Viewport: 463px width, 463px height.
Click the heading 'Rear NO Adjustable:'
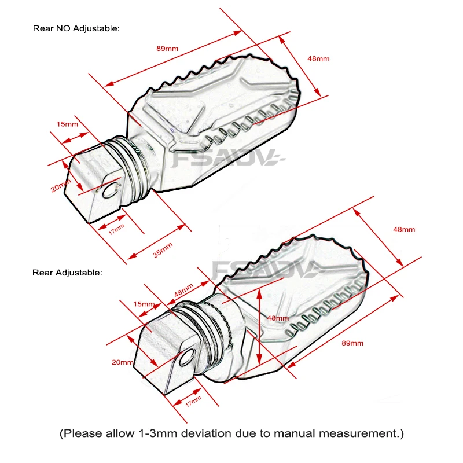tap(76, 28)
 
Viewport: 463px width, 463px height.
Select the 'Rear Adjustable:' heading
tap(67, 271)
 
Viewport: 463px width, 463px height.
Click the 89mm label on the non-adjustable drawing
tap(167, 48)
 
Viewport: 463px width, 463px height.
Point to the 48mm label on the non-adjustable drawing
tap(318, 58)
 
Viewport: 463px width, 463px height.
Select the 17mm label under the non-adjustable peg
tap(116, 227)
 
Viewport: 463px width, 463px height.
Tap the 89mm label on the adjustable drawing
tap(352, 343)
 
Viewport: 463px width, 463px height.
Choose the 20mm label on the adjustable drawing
tap(123, 362)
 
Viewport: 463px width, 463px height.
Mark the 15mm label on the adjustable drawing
tap(144, 304)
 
